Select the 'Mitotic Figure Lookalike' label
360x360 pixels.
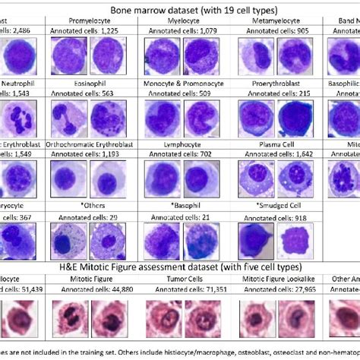276,278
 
